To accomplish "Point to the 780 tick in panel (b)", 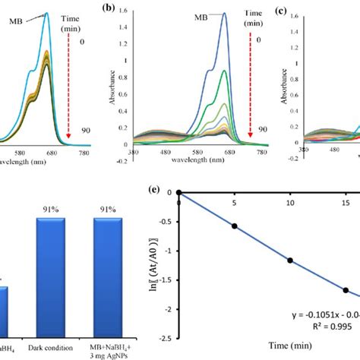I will click(262, 151).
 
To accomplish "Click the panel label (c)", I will click(280, 11).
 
